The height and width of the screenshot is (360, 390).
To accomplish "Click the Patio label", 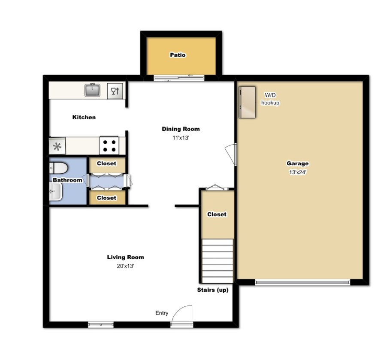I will [178, 55].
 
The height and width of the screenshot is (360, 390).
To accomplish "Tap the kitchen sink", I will [92, 90].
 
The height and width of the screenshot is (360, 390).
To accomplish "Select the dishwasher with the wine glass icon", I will [115, 91].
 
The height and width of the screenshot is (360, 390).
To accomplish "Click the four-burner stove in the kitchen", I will [109, 145].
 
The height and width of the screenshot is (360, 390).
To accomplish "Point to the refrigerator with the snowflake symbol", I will [57, 146].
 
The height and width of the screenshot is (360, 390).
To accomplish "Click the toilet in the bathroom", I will [57, 167].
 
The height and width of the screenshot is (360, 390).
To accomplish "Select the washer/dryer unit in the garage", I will [247, 102].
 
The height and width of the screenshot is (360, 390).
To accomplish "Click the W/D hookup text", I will [270, 99].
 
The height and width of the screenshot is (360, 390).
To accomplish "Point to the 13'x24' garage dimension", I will [298, 172].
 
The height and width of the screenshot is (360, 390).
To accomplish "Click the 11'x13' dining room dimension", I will [181, 138].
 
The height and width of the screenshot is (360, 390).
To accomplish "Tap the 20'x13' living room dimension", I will [125, 266].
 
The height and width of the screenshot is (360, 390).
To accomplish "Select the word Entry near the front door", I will [162, 313].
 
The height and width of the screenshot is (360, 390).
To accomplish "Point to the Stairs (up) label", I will [212, 290].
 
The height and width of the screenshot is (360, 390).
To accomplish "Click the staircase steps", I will [218, 260].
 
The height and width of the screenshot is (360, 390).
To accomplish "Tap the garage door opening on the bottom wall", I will [302, 282].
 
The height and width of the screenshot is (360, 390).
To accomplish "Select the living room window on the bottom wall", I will [101, 325].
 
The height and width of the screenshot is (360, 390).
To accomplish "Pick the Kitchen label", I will [84, 117].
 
